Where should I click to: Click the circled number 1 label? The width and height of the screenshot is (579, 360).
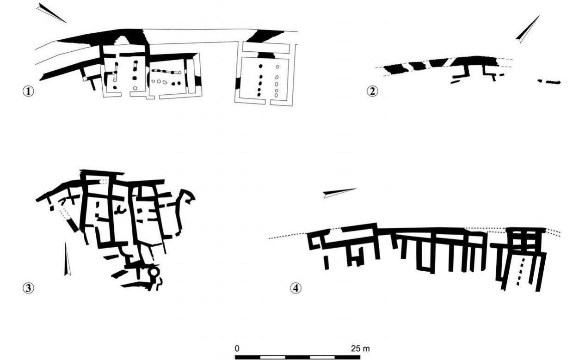coord(28,91)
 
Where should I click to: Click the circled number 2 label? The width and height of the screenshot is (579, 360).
coord(372,91)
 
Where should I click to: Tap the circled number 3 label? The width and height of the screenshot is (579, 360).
coord(28,288)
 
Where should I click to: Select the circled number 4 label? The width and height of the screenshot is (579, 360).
coord(296,288)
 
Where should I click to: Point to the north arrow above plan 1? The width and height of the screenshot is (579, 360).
coord(51,12)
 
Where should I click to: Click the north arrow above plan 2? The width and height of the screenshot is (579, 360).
coord(528,29)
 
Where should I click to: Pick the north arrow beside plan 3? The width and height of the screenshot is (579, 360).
coord(67,259)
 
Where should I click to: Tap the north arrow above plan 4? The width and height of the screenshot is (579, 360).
coord(339,193)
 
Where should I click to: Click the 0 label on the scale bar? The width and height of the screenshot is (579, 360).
coord(237,348)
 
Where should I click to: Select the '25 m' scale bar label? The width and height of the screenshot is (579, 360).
coord(360,348)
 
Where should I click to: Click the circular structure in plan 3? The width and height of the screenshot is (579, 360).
coord(154,272)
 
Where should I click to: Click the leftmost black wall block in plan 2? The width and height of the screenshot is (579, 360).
coord(396,69)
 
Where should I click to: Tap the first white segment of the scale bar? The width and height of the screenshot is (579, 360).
coord(272,357)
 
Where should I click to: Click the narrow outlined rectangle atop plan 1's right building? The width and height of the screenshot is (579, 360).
coord(266,48)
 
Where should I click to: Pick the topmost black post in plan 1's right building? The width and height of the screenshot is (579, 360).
coord(260,67)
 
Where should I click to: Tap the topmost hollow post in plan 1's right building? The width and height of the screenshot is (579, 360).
coord(277,67)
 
